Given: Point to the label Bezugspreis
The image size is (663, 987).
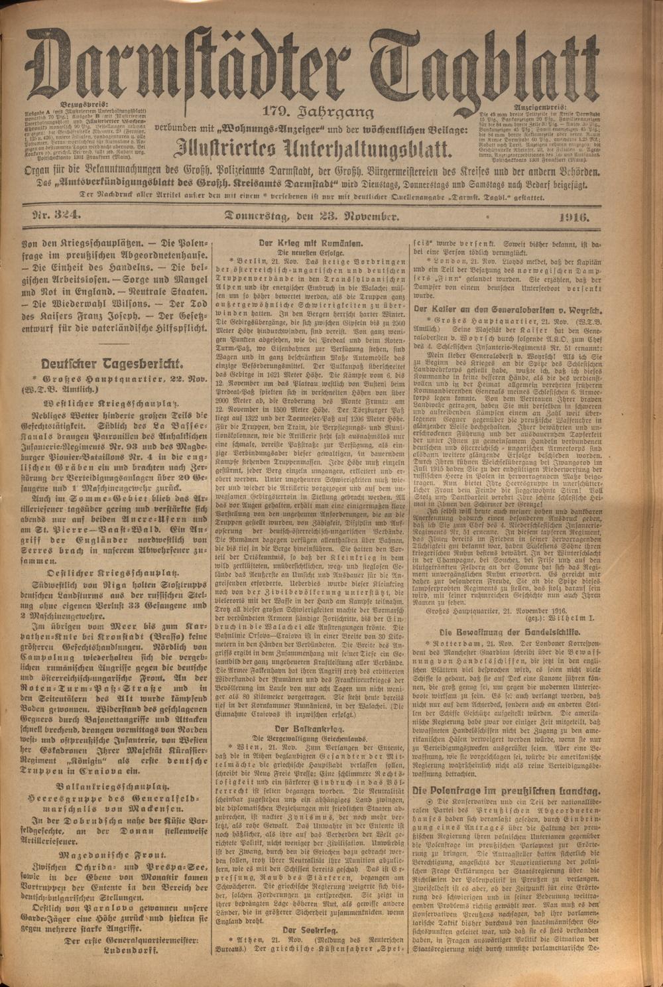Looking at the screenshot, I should click(x=82, y=105).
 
